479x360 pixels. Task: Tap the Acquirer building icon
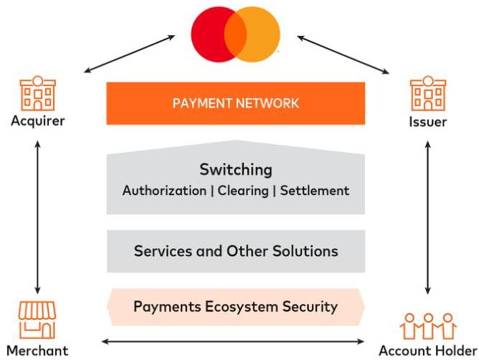(x=38, y=93)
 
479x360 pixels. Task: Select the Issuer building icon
(x=428, y=93)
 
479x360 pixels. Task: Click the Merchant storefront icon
(x=37, y=320)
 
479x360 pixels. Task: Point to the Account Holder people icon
(x=428, y=326)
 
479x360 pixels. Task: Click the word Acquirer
(x=38, y=121)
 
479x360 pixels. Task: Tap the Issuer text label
(x=427, y=122)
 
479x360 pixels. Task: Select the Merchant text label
(x=37, y=351)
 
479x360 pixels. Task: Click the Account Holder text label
(x=428, y=351)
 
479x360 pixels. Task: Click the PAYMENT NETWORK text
(x=235, y=103)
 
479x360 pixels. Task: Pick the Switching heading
(x=236, y=170)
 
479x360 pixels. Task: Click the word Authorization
(x=164, y=191)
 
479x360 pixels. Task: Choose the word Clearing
(x=243, y=191)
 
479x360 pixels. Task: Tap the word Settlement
(x=315, y=191)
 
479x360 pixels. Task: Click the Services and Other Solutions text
(x=236, y=251)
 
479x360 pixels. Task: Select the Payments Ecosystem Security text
(x=235, y=306)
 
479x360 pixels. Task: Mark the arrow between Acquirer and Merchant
(x=37, y=217)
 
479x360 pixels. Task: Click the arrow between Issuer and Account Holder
(x=428, y=217)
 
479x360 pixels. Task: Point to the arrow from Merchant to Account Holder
(x=233, y=341)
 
